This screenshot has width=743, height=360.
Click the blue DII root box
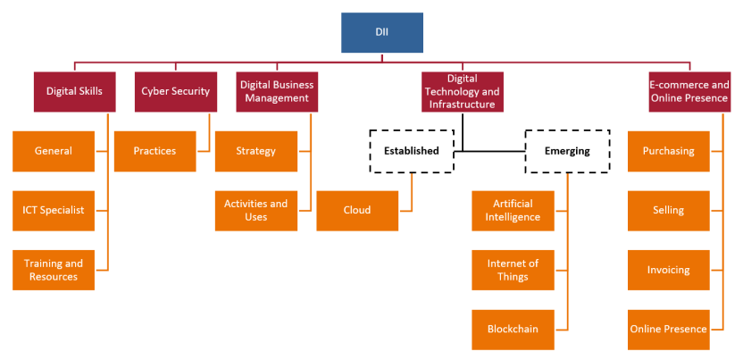(381, 32)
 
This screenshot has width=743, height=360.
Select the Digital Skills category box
(74, 91)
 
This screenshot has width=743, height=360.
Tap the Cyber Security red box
(176, 91)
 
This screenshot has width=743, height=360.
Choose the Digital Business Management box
(278, 91)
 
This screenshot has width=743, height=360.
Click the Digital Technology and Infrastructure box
(462, 91)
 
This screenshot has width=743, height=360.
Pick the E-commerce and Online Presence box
(689, 91)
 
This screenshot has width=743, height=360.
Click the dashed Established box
(412, 150)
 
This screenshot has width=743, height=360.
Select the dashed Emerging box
(567, 150)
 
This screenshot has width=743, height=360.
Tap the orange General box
(54, 151)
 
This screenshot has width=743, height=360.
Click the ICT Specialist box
(54, 210)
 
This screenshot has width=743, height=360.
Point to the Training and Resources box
(54, 270)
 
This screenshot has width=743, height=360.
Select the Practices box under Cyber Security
(155, 151)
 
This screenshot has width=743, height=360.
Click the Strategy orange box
(256, 151)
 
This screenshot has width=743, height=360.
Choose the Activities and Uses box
(256, 210)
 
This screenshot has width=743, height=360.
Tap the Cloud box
(357, 210)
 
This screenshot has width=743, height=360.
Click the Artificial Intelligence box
(513, 210)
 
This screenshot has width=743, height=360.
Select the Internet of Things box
(513, 270)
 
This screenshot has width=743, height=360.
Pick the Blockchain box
(513, 329)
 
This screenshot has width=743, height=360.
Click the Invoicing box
(668, 270)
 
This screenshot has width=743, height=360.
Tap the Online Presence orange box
(668, 329)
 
